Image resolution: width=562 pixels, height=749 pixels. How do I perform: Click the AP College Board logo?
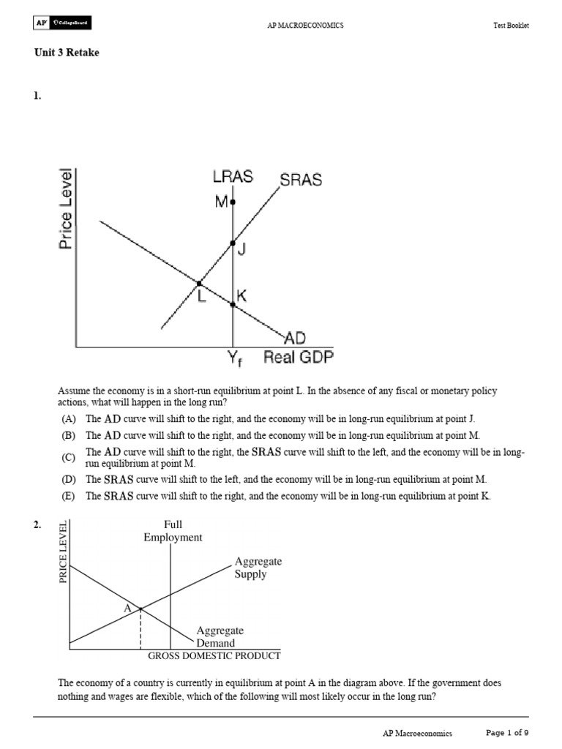coord(62,24)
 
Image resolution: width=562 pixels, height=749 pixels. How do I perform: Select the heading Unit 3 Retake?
coord(67,53)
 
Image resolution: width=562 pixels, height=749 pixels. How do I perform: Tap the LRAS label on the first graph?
coord(233,178)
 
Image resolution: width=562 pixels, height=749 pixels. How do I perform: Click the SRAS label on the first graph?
coord(301,180)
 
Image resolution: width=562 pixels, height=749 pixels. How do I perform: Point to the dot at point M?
coord(233,201)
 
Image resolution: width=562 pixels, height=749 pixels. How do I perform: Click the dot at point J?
coord(233,243)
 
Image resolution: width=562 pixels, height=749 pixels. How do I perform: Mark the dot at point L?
coord(198,283)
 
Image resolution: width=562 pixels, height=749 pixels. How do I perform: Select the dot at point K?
coord(233,304)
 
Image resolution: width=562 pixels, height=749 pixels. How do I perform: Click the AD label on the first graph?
coord(294,338)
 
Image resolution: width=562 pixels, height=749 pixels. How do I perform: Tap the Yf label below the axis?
coord(233,359)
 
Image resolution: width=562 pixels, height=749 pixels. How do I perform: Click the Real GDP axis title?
coord(297,358)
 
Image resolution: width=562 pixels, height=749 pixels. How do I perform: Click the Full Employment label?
coord(173,531)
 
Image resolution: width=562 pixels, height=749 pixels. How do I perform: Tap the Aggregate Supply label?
coord(258,568)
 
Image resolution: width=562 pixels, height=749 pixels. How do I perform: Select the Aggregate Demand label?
coord(220,636)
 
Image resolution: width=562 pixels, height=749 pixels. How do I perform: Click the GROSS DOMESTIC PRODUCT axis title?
coord(214,655)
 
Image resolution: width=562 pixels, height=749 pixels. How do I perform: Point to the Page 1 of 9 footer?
coord(508,732)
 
